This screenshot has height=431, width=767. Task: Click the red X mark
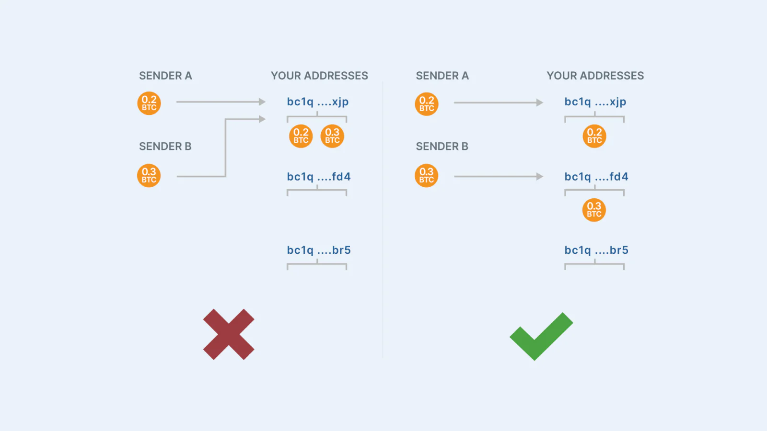(229, 334)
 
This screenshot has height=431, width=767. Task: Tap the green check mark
(541, 336)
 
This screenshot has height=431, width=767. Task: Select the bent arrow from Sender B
(225, 148)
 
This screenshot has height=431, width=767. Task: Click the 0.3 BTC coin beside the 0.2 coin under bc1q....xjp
(332, 136)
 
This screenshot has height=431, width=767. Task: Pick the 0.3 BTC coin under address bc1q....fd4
(594, 210)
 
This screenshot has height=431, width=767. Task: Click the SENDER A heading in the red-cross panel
(165, 76)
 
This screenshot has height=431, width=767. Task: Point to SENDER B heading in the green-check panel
(442, 147)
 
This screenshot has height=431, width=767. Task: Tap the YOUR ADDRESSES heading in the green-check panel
(595, 76)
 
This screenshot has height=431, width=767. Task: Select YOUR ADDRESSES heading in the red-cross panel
(319, 76)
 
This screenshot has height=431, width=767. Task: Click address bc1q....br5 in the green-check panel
(596, 250)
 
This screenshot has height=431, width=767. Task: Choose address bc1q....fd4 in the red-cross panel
(319, 177)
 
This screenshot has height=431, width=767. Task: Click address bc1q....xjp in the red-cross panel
(318, 102)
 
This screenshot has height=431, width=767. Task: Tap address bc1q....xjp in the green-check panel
(595, 102)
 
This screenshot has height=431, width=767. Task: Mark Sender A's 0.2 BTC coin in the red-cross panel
(149, 103)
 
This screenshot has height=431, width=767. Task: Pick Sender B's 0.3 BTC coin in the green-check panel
(426, 175)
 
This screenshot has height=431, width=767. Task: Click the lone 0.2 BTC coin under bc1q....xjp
(594, 136)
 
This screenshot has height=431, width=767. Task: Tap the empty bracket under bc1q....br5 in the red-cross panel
(317, 264)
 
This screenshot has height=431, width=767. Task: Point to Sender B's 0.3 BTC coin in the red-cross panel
(149, 175)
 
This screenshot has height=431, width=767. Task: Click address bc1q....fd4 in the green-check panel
(596, 177)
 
